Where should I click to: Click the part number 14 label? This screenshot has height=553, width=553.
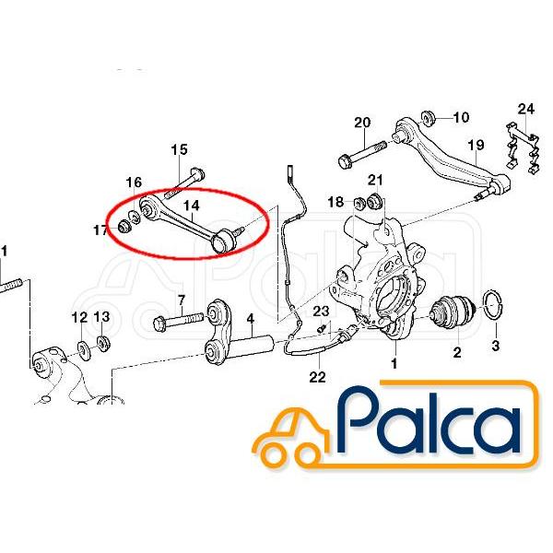click(x=192, y=206)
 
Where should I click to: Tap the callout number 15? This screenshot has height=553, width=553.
click(x=179, y=149)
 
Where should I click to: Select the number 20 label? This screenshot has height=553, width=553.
click(x=362, y=123)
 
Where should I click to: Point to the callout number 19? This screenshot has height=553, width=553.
click(x=476, y=146)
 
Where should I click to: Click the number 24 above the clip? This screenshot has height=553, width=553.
click(x=526, y=109)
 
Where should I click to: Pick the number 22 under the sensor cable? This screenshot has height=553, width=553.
click(x=317, y=377)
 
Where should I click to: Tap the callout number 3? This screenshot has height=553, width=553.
click(x=496, y=346)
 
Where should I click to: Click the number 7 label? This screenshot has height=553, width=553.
click(x=182, y=300)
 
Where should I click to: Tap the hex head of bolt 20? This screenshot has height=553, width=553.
click(x=345, y=162)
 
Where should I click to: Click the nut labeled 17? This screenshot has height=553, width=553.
click(x=124, y=226)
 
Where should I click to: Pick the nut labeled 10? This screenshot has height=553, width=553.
click(x=429, y=118)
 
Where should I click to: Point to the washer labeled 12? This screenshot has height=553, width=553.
click(x=83, y=350)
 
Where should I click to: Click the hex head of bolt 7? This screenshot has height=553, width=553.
click(x=159, y=324)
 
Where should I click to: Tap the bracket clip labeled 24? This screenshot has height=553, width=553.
click(x=523, y=148)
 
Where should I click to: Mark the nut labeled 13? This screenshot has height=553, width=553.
click(x=103, y=343)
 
